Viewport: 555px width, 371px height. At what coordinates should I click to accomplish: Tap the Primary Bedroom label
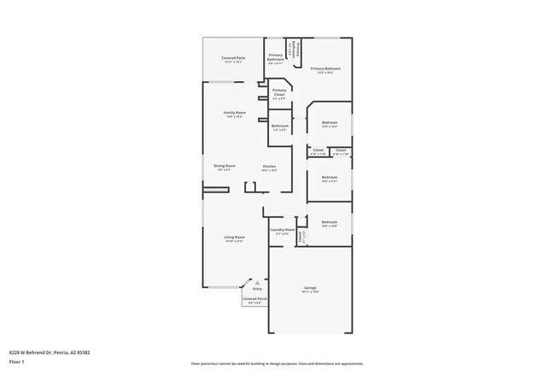pos(325,68)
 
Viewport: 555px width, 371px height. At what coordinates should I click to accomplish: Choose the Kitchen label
pos(269,166)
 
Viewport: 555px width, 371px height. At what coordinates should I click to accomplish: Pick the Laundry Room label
pos(283,229)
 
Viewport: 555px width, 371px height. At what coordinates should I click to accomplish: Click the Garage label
pos(310,288)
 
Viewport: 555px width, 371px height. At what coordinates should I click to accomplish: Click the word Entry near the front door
pos(257,290)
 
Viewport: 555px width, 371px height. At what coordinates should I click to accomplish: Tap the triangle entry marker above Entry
pos(257,283)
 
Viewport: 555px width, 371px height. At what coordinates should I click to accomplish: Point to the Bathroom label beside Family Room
pos(280,126)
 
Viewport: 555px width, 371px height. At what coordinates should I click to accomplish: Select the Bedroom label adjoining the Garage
pos(330,222)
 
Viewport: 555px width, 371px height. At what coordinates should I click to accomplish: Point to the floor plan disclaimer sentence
pos(277,362)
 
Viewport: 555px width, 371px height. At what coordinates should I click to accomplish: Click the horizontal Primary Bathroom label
pos(276,57)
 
